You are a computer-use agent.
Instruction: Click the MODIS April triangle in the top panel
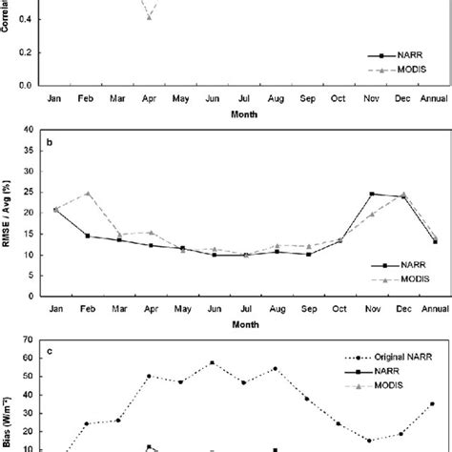coord(149,17)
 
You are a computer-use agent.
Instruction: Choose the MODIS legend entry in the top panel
coord(401,70)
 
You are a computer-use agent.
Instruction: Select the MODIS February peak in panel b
coord(87,193)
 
